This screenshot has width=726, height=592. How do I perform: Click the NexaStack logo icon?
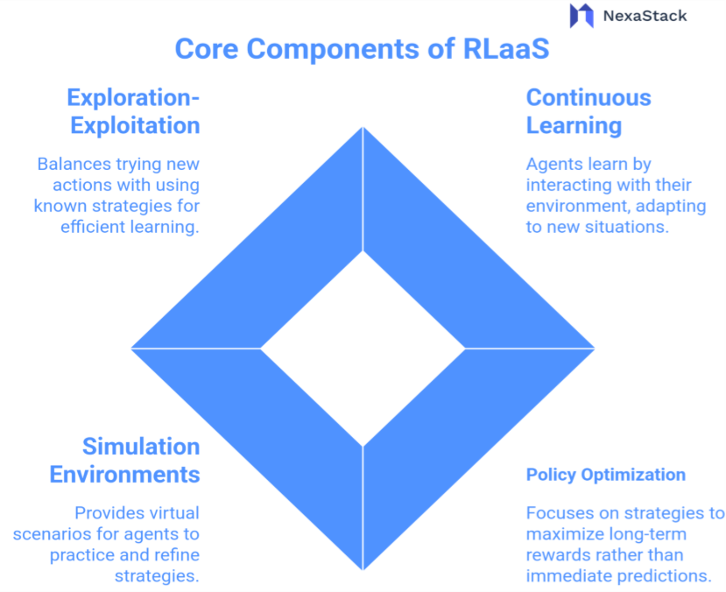582,16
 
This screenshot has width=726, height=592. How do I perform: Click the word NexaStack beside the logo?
645,16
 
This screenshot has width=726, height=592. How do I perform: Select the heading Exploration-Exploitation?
133,111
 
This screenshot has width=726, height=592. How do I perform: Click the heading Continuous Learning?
588,111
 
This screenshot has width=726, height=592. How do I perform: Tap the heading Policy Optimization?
605,475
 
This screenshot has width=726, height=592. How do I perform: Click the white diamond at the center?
363,348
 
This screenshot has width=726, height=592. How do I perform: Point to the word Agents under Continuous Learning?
551,164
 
